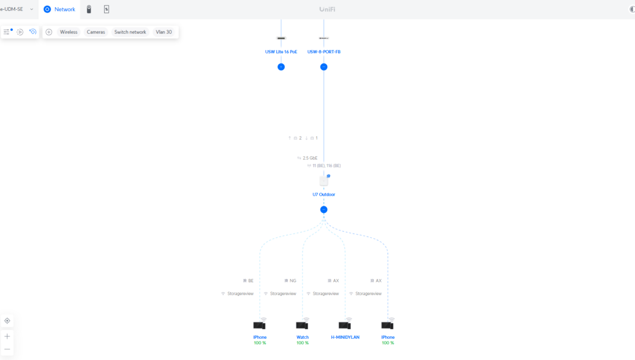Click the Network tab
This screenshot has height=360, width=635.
click(59, 9)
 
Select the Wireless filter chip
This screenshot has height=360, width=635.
click(68, 32)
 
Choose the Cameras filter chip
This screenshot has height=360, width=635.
click(96, 32)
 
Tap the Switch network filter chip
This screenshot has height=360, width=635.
click(130, 32)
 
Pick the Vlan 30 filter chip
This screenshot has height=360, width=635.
click(163, 32)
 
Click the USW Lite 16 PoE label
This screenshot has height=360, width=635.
click(281, 52)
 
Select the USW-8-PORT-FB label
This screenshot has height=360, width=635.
click(324, 52)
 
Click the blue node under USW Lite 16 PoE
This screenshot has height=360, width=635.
click(281, 67)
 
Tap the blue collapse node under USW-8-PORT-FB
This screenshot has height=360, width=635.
click(324, 67)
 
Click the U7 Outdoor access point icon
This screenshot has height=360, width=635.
click(324, 181)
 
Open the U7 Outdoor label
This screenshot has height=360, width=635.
click(324, 194)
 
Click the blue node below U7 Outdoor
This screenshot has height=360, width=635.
click(324, 210)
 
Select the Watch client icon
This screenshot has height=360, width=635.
click(302, 325)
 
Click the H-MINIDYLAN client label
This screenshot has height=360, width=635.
click(345, 337)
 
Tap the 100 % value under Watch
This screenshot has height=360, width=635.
click(302, 343)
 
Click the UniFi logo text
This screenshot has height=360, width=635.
click(327, 9)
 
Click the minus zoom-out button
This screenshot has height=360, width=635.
click(7, 349)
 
